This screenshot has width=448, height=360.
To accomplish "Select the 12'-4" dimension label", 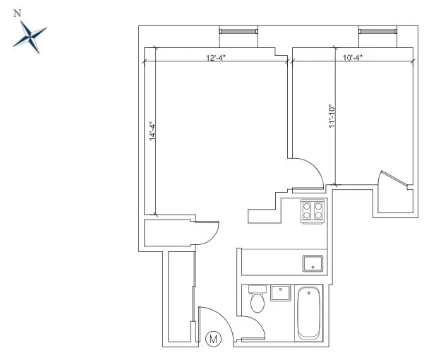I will pyautogui.click(x=215, y=58).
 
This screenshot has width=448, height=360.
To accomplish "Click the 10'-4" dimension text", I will pyautogui.click(x=352, y=58).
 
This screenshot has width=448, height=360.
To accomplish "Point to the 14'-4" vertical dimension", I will pyautogui.click(x=152, y=133).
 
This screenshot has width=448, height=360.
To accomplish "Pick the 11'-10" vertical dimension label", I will pyautogui.click(x=332, y=116).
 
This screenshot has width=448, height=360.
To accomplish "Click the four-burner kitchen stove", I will pyautogui.click(x=313, y=210).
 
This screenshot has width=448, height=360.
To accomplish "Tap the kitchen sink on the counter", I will pyautogui.click(x=313, y=263).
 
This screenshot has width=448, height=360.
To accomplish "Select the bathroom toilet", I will pyautogui.click(x=258, y=300).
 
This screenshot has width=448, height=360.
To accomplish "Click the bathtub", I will pyautogui.click(x=309, y=313).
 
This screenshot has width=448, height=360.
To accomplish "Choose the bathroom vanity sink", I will pyautogui.click(x=281, y=293).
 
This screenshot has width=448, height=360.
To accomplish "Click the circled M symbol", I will pyautogui.click(x=214, y=339).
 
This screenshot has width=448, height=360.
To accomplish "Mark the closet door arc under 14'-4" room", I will pyautogui.click(x=207, y=232).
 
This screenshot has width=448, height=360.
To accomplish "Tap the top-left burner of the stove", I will pyautogui.click(x=307, y=206).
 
